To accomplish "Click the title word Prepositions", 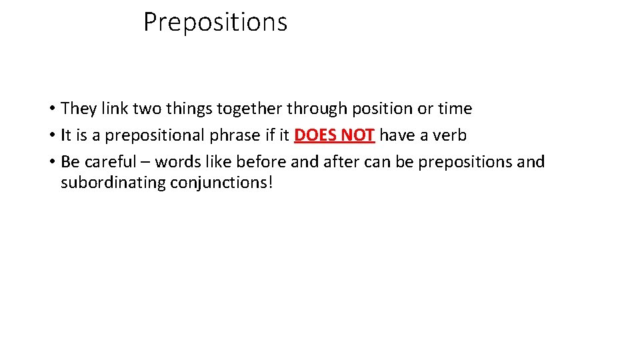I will pos(215,23).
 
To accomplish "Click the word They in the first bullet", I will pos(79,109).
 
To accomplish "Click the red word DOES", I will pos(315,135).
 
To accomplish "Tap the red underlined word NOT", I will pos(357,135).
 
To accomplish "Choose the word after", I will pos(341,162).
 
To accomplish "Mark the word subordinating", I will pos(113,183).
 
